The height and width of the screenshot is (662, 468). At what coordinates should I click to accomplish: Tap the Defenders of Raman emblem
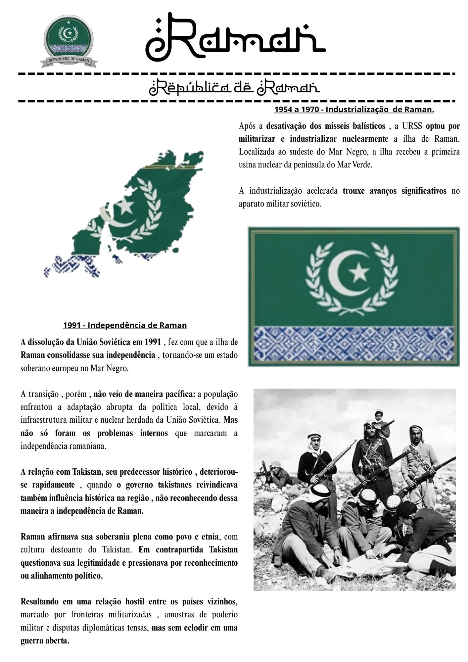tap(69, 41)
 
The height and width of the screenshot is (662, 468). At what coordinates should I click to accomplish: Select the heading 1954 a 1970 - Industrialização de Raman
tap(354, 110)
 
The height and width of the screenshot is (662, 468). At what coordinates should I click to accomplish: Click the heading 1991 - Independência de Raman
tap(125, 325)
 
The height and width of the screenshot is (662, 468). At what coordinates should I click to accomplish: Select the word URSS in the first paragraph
tap(412, 126)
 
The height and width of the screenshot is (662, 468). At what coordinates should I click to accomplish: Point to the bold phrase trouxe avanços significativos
tap(395, 191)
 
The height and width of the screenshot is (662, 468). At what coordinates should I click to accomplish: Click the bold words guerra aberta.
tap(45, 640)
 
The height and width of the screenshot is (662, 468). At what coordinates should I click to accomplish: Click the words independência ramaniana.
tap(63, 446)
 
